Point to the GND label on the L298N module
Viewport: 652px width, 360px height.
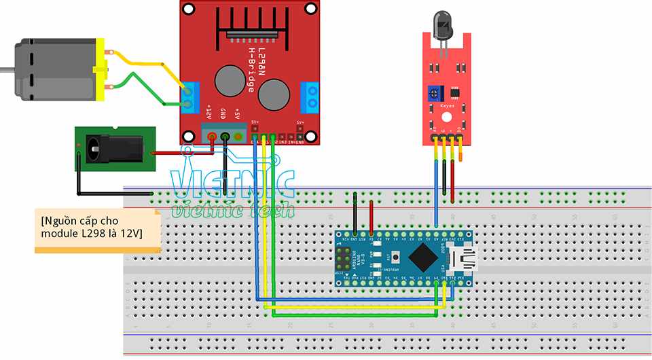223,113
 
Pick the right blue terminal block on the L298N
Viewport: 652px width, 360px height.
311,97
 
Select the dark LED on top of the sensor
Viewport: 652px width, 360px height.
442,27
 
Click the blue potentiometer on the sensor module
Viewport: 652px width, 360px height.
432,92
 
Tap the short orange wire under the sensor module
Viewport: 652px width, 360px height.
461,155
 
